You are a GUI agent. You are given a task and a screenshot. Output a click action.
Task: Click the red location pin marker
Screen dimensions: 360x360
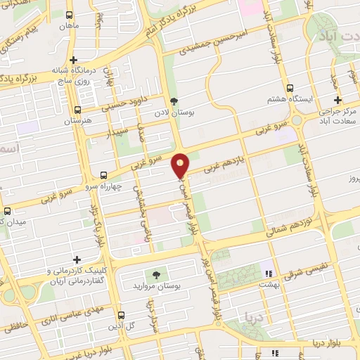[x=181, y=165]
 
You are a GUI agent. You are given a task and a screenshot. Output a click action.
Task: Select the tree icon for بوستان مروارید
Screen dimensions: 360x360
[x=155, y=275]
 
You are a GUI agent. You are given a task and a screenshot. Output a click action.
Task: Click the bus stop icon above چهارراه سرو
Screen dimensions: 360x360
[x=104, y=175]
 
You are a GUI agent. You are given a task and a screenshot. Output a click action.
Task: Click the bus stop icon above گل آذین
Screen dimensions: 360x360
[x=121, y=315]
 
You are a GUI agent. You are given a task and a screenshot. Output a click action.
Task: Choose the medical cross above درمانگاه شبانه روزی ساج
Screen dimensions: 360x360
[x=72, y=60]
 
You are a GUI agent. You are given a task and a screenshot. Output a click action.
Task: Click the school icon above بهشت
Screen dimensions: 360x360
[x=266, y=273]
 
